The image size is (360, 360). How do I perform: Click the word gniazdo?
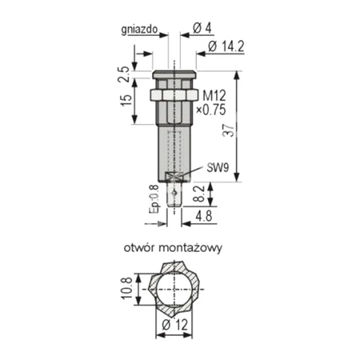tap(139, 30)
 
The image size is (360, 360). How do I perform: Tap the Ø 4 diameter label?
tap(202, 28)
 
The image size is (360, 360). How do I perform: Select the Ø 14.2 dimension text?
tap(226, 47)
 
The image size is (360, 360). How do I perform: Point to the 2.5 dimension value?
tap(125, 74)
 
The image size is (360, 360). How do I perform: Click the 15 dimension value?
tap(126, 101)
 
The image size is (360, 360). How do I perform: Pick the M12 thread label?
tap(214, 95)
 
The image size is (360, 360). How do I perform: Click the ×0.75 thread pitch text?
tap(211, 110)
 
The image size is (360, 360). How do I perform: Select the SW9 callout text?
tap(218, 167)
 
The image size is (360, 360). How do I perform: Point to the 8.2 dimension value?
tap(199, 194)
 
